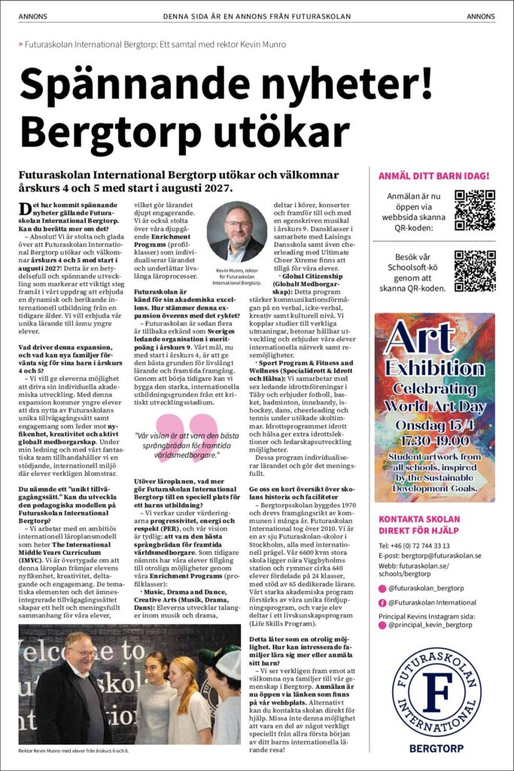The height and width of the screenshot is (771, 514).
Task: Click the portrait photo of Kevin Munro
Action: point(236,232)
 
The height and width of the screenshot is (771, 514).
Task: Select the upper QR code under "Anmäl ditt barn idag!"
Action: point(475,209)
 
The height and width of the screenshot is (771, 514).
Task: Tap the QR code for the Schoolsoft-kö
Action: point(475,270)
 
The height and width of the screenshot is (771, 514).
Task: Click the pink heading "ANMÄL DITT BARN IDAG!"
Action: point(434,176)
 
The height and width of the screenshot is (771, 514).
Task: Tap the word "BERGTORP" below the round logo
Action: point(434,749)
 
